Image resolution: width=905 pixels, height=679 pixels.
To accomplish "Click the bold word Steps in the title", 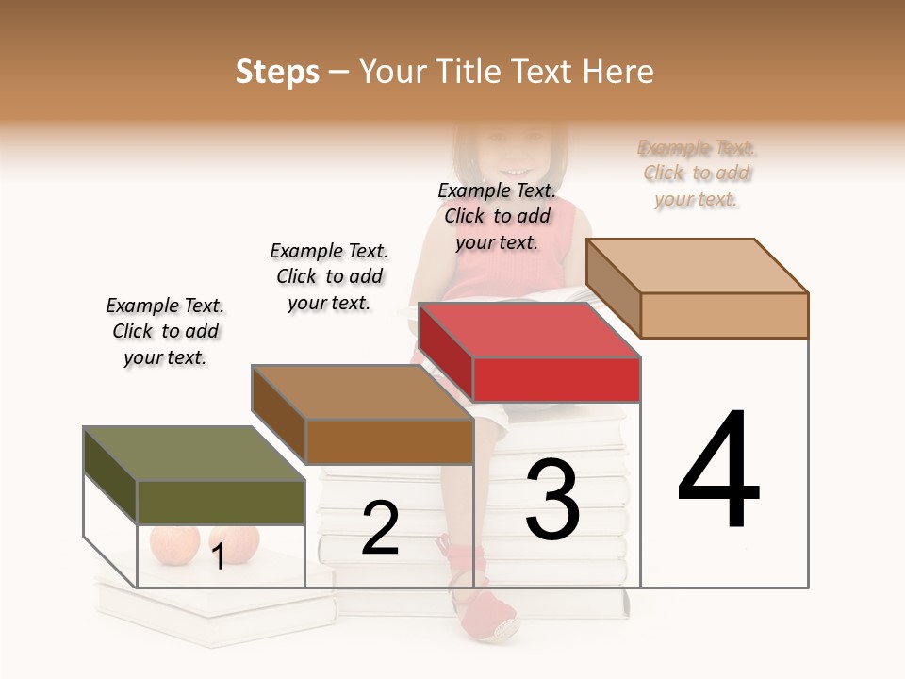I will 277,73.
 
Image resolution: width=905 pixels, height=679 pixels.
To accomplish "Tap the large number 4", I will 718,471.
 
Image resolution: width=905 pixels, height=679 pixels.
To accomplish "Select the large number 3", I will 552,499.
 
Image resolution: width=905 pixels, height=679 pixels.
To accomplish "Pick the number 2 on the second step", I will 380,528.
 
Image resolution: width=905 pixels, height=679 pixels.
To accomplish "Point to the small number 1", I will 219,556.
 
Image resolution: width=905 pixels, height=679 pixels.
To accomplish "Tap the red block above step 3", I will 529,331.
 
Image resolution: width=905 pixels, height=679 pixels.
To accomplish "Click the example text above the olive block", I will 165,331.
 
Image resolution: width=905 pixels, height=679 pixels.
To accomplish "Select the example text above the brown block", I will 329,276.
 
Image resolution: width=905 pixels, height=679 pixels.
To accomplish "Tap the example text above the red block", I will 497,216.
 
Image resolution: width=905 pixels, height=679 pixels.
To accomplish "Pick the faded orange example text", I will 697,174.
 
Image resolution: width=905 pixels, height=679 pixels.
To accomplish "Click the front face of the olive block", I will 221,502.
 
